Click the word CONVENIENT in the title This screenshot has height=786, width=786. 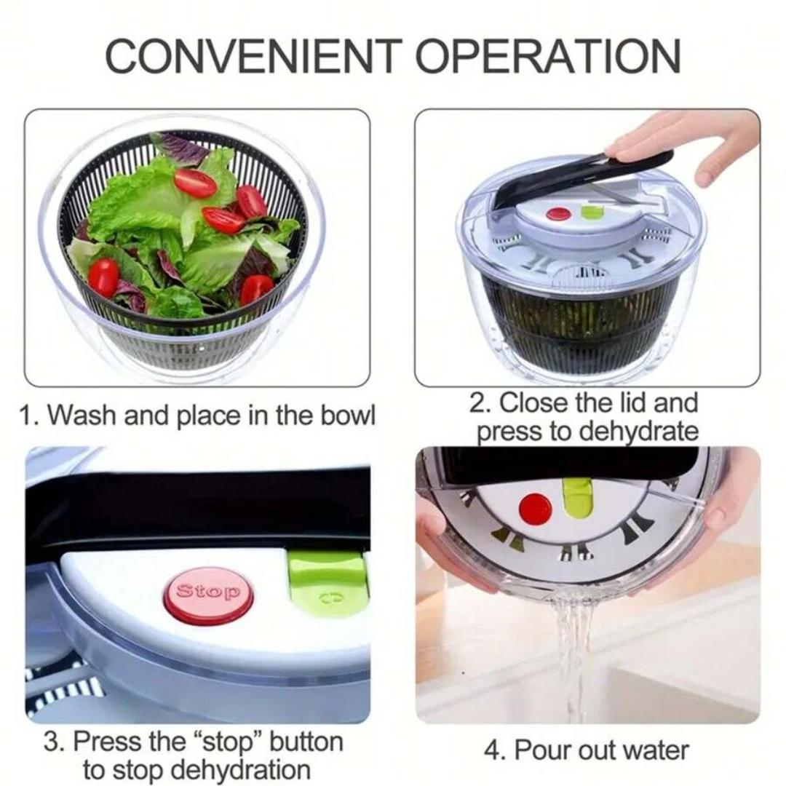coord(254,55)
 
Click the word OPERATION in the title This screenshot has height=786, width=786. coord(549,55)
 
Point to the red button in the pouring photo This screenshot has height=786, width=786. coord(536,507)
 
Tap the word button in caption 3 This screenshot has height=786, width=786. coord(306,742)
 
